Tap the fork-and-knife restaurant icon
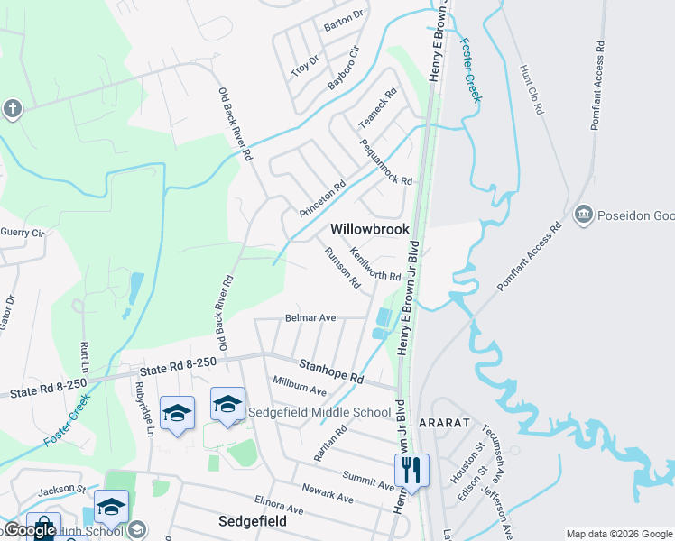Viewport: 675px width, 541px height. pos(411,470)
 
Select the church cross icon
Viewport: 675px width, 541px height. pos(12,110)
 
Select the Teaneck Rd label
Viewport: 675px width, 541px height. pos(378,107)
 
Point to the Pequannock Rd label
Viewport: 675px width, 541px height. pos(385,161)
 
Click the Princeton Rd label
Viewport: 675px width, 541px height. pos(322,199)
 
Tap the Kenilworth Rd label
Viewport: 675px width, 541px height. pos(374,264)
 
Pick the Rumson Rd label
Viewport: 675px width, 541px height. pos(342,268)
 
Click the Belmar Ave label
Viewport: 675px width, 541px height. pos(310,318)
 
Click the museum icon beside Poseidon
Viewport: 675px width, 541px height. pos(583,215)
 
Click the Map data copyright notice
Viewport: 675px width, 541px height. pos(618,534)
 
